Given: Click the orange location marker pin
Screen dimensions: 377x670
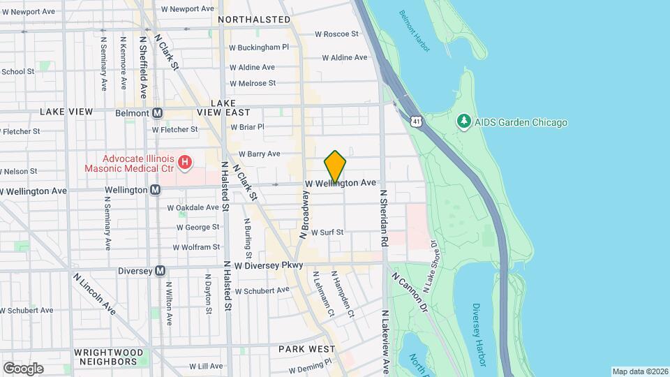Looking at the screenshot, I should point(335,166).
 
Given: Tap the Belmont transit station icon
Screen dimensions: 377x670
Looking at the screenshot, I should point(157,113).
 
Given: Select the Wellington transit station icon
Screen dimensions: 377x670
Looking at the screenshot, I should point(156,190).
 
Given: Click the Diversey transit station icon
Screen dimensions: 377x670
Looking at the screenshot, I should point(161,271).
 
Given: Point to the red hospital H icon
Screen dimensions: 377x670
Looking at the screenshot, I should point(185,163).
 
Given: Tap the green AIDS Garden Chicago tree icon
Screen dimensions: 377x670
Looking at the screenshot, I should point(463,122).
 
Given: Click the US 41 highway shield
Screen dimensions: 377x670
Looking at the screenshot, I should point(416,122).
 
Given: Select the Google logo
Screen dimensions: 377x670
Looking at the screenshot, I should point(23,368).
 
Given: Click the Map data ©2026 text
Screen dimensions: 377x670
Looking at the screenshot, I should point(640,371).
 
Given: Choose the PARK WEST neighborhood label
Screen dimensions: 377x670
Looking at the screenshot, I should point(307,348).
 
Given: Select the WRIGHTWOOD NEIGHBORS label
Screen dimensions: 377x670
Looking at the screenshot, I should point(105,357).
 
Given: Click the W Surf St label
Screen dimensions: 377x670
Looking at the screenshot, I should point(327,232).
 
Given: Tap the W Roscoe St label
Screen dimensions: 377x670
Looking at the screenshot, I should point(336,34).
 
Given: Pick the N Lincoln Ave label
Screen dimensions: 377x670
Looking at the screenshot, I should point(94,293).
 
